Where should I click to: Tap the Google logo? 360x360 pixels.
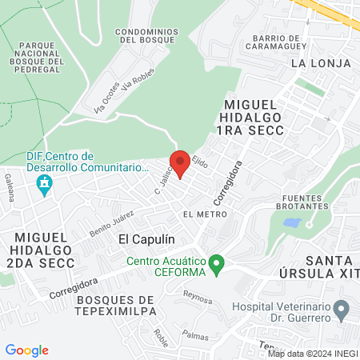[26, 350]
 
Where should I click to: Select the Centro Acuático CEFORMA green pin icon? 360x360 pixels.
[215, 263]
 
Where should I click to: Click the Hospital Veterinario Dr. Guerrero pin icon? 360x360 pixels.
[342, 308]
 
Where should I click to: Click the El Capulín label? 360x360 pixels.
[146, 238]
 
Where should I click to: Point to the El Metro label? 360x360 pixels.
[205, 214]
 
